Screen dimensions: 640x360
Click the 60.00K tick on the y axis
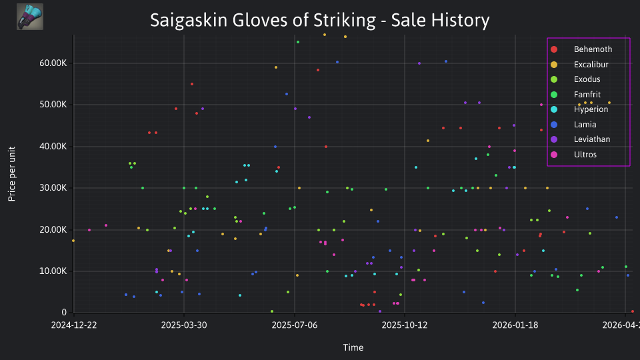click(53, 63)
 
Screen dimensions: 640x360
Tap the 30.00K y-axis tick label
click(53, 188)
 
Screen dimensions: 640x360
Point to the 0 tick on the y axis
click(64, 312)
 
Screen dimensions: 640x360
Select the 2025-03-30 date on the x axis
click(184, 325)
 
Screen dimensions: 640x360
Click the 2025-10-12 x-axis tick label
click(405, 325)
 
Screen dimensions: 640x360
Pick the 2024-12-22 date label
click(74, 325)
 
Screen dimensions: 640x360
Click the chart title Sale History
click(441, 21)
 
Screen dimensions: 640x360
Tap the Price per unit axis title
click(12, 174)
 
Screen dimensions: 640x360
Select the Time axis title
click(353, 347)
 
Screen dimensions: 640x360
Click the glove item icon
click(30, 17)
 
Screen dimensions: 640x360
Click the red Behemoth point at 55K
click(192, 84)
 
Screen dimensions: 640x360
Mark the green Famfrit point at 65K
click(298, 42)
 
